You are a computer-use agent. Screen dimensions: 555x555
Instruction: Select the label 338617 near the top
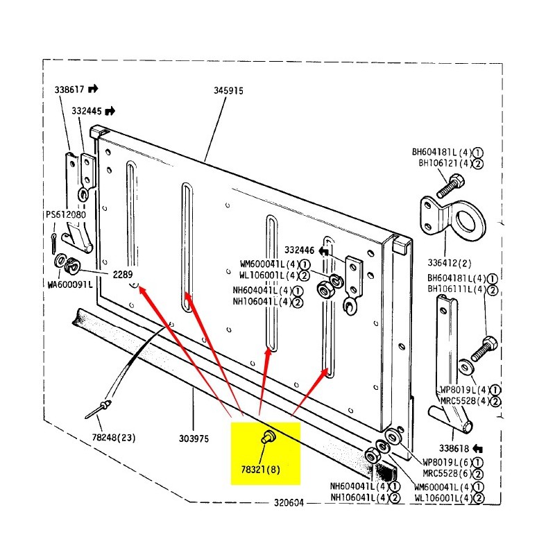click(x=69, y=89)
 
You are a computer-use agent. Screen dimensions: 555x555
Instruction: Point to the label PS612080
click(x=66, y=215)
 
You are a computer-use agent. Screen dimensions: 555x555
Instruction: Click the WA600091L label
click(x=70, y=284)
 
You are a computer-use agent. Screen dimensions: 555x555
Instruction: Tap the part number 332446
click(x=300, y=250)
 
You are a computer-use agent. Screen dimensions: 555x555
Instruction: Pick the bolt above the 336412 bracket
click(x=451, y=185)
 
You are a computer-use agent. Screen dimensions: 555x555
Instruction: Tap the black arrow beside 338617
click(x=93, y=89)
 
